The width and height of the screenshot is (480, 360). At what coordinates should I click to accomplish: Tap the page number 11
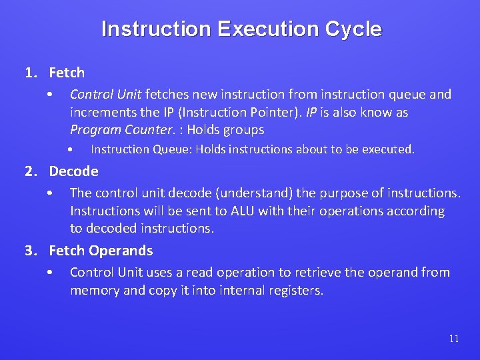point(453,339)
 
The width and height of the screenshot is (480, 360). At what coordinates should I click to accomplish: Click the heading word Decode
point(73,171)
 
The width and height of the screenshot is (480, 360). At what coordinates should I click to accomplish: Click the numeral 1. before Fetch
point(31,72)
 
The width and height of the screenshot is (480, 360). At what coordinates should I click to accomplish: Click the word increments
point(102,112)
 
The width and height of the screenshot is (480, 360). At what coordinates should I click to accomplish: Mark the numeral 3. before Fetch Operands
point(31,251)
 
